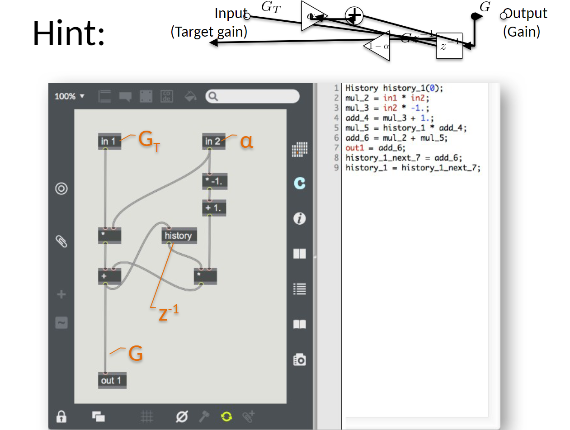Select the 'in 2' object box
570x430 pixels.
point(213,142)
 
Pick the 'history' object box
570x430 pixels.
point(179,236)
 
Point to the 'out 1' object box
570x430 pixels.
point(112,380)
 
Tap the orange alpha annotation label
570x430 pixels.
point(247,141)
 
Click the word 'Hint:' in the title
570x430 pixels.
point(69,33)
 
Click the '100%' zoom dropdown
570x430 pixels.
point(70,96)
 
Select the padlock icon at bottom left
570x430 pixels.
point(61,416)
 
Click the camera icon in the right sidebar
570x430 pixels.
point(300,359)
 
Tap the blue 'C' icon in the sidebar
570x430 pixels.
point(299,183)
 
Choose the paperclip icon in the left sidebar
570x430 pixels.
point(61,241)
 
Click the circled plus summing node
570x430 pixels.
point(354,16)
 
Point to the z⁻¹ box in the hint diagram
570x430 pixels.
point(449,46)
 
